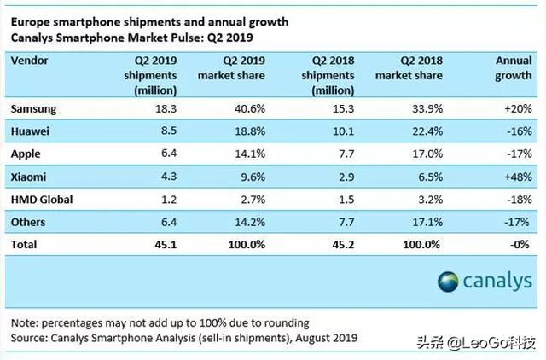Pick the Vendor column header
click(x=31, y=61)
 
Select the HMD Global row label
click(x=43, y=198)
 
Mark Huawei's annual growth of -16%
click(x=519, y=131)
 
